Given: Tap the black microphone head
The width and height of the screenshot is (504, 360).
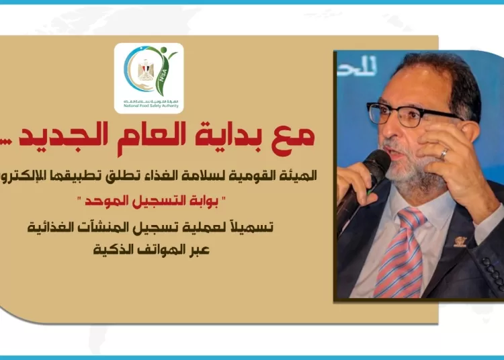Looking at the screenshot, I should tap(376, 165).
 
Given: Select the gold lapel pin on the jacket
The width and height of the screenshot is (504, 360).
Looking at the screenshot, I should tap(460, 240).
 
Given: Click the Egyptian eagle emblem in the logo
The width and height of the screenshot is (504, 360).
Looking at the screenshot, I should tap(146, 70).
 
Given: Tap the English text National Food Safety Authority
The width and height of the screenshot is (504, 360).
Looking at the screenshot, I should tap(149, 107).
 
